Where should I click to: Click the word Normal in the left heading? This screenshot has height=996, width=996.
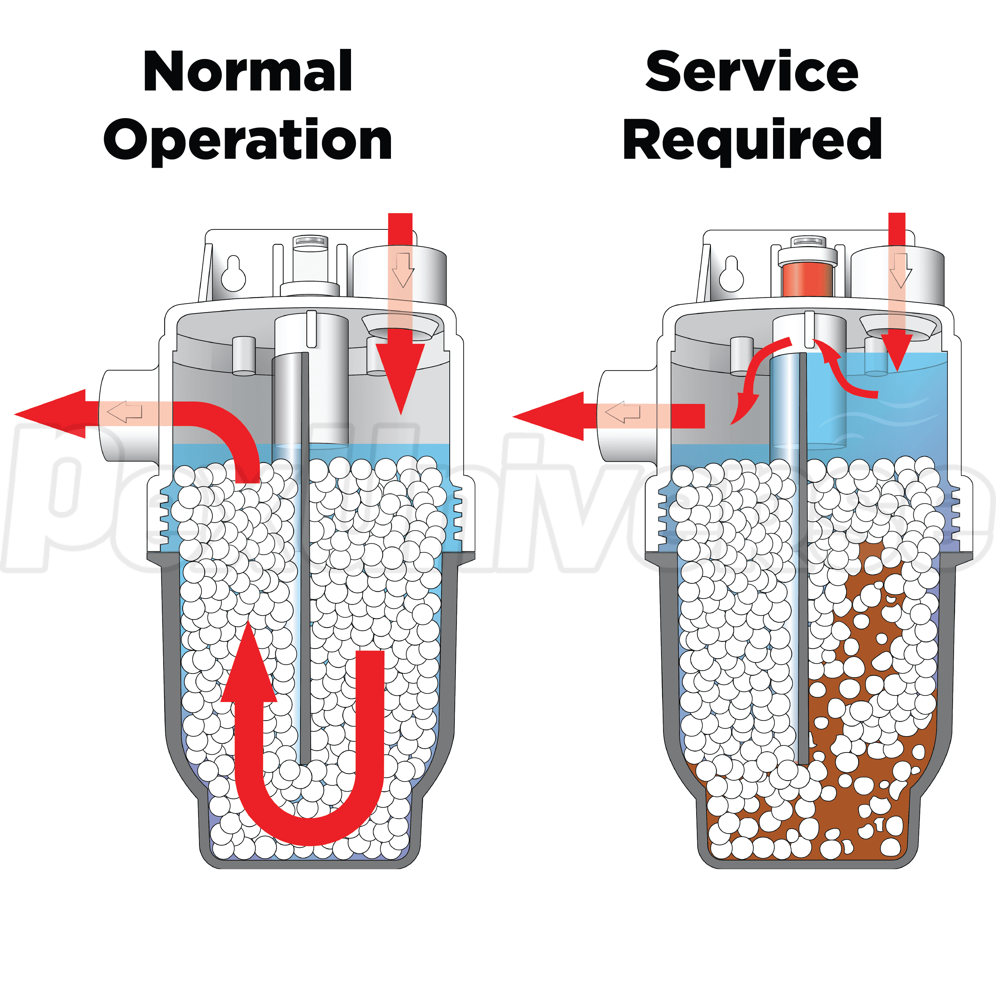[248, 72]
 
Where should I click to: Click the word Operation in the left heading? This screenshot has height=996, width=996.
[248, 139]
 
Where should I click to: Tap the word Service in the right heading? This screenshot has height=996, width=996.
[752, 72]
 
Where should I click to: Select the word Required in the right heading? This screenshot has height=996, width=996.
[752, 139]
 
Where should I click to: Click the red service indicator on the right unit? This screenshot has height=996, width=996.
[807, 280]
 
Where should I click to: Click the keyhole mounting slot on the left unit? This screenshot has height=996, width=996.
[233, 273]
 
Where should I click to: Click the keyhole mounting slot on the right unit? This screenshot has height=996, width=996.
[731, 273]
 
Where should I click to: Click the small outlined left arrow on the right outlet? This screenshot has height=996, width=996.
[623, 412]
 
